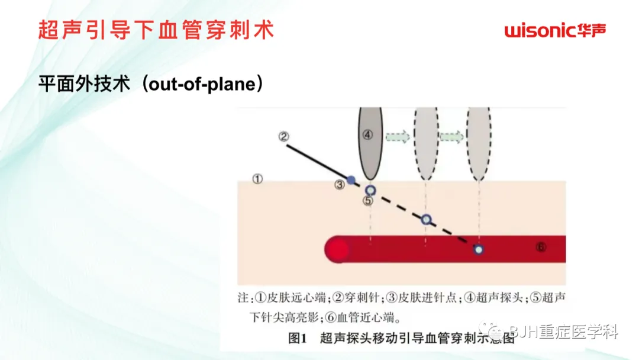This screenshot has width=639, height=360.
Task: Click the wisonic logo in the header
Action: pos(556,30)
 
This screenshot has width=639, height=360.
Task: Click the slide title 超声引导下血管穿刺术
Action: pos(157,30)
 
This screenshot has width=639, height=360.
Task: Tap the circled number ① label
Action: pos(257,178)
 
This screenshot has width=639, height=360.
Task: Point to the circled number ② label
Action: pos(284,137)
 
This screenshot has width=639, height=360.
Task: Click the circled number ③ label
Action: pos(339,185)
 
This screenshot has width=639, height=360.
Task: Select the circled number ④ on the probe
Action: pos(368,135)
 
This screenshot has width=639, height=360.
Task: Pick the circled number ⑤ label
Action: pos(369,201)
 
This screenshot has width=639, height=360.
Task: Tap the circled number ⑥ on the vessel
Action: pos(540,247)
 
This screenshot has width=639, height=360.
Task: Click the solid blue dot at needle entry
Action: pos(351,179)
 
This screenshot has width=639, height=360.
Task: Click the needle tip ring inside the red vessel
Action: pos(478,249)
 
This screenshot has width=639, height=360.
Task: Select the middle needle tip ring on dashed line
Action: pos(426,219)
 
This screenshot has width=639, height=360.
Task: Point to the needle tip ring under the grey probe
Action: pos(370,190)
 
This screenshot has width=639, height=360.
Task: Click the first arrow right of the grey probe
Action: pos(398,136)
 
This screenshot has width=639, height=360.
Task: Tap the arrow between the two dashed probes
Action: pos(451,136)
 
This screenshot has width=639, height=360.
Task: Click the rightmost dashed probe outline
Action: pos(479,144)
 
